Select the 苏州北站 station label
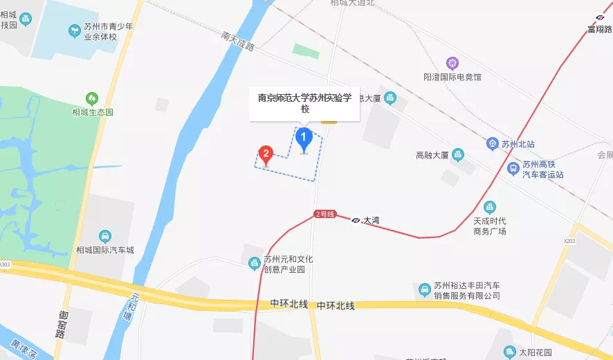pos(518,144)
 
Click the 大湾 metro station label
pos(372,220)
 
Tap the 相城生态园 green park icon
pos(91,98)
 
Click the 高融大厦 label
pos(433,155)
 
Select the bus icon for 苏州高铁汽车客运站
pos(513,168)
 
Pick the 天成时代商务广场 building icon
pos(490,206)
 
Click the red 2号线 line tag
pos(324,214)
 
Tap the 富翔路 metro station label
pos(599,29)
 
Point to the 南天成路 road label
pos(238,41)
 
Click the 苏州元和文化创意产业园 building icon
pos(254,262)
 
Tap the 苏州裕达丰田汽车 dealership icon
pos(425,287)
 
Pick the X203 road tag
pos(569,241)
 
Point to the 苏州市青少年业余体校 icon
pos(74,30)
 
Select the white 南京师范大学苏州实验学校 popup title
pos(304,104)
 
